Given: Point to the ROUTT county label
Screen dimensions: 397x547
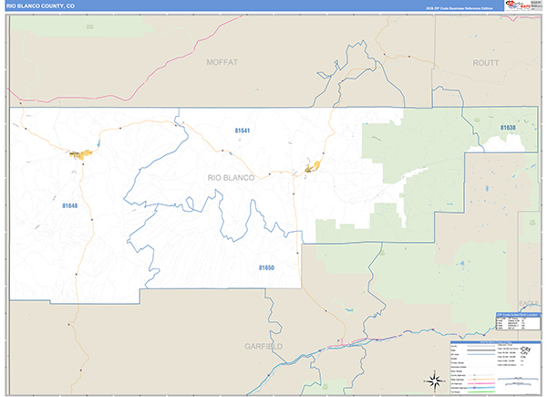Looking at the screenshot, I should tap(487, 62).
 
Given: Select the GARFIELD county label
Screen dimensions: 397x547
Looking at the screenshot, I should tap(264, 347).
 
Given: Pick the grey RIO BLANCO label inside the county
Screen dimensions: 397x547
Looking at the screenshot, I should tap(231, 177).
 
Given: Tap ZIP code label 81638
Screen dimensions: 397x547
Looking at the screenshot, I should tap(508, 128).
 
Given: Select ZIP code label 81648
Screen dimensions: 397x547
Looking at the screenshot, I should tap(70, 206).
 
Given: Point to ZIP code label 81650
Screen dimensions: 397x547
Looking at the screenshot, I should tap(266, 267).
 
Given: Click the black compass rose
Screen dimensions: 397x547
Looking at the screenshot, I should tap(430, 380).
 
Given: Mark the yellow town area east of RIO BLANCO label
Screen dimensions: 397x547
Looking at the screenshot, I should tap(314, 166).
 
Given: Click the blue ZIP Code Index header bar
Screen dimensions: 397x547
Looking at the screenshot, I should tap(516, 314).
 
